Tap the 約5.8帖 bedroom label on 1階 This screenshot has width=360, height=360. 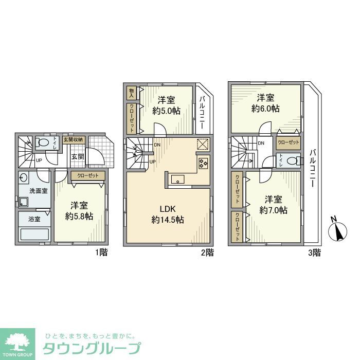tap(79, 211)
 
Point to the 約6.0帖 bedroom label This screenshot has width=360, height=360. tap(265, 103)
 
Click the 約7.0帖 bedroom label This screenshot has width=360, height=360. tap(273, 205)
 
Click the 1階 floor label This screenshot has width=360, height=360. tap(101, 252)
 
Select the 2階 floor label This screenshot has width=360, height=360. tap(207, 252)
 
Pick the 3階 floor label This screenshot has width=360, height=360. tap(314, 252)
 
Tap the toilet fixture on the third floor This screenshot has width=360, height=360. tap(291, 161)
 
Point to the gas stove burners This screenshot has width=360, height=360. tap(202, 163)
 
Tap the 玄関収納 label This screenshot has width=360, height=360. tap(73, 139)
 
